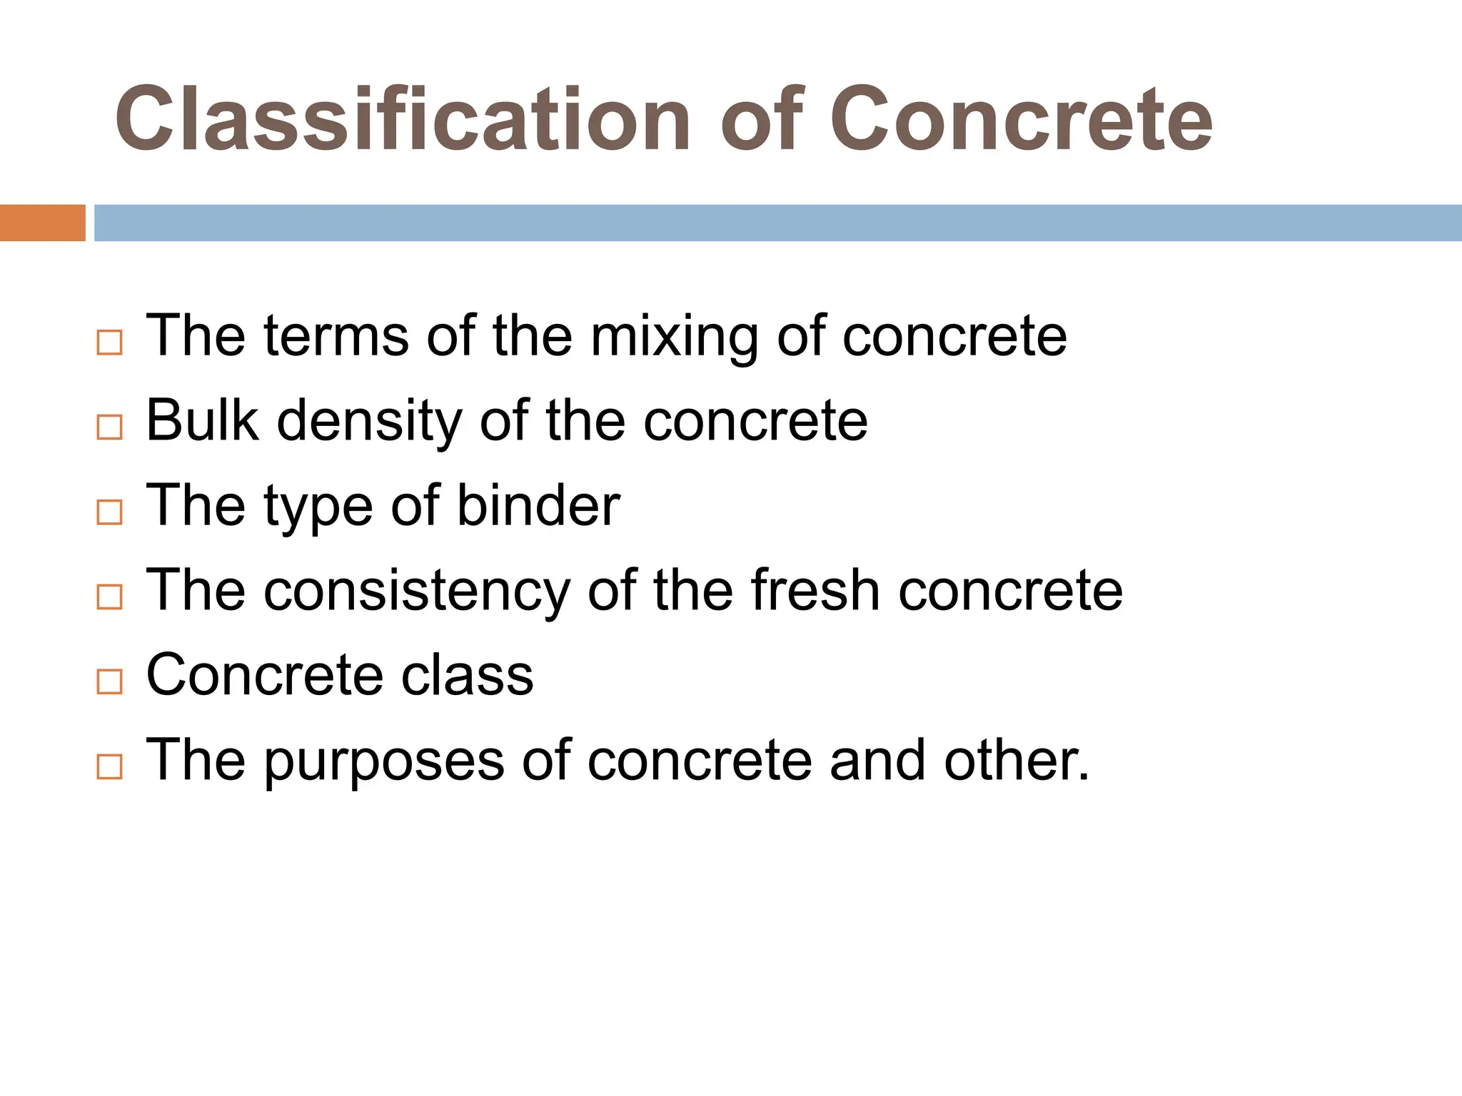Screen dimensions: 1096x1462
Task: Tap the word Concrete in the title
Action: [1021, 119]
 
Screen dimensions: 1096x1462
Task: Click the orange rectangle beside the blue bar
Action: [42, 223]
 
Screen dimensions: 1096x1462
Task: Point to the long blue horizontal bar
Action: [777, 223]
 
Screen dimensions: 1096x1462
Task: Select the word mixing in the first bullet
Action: [675, 337]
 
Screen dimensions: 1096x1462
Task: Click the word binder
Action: [538, 505]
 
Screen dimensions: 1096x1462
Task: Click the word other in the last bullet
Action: [1017, 759]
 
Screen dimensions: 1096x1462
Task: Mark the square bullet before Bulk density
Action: [109, 427]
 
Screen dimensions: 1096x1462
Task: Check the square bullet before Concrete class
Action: [109, 681]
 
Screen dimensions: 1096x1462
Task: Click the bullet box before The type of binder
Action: [109, 512]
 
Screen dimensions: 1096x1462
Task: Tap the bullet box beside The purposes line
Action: [109, 766]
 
